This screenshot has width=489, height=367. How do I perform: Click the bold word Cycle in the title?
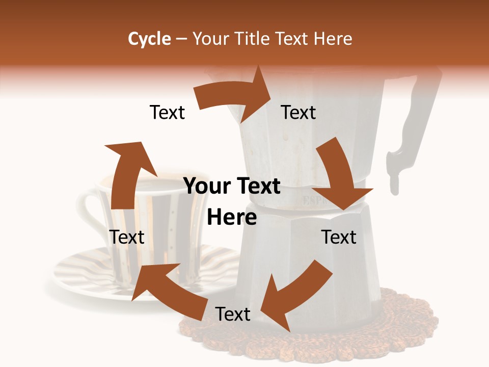point(149,39)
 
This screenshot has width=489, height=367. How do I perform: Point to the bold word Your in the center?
point(206,187)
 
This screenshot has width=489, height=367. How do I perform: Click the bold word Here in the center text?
point(232,218)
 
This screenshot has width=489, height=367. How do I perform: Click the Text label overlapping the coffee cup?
point(127,237)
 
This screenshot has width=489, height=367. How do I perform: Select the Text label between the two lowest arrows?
point(233,314)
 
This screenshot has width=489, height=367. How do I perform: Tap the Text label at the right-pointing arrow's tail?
point(167,113)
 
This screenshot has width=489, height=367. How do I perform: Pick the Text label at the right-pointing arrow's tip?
point(298,113)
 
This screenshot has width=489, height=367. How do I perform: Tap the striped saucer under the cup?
point(81,275)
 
